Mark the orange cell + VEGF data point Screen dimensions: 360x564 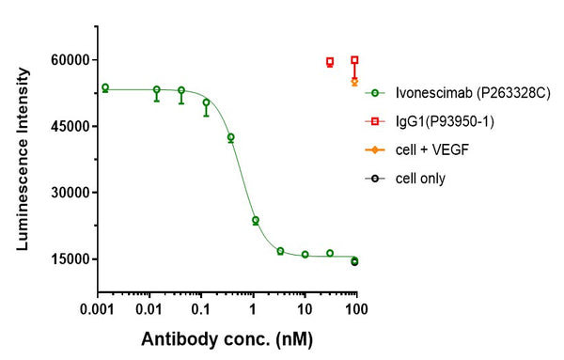point(354,82)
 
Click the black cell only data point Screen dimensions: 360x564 point(354,262)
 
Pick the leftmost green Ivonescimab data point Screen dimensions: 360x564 point(105,87)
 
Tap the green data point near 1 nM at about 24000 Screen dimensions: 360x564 point(255,220)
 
